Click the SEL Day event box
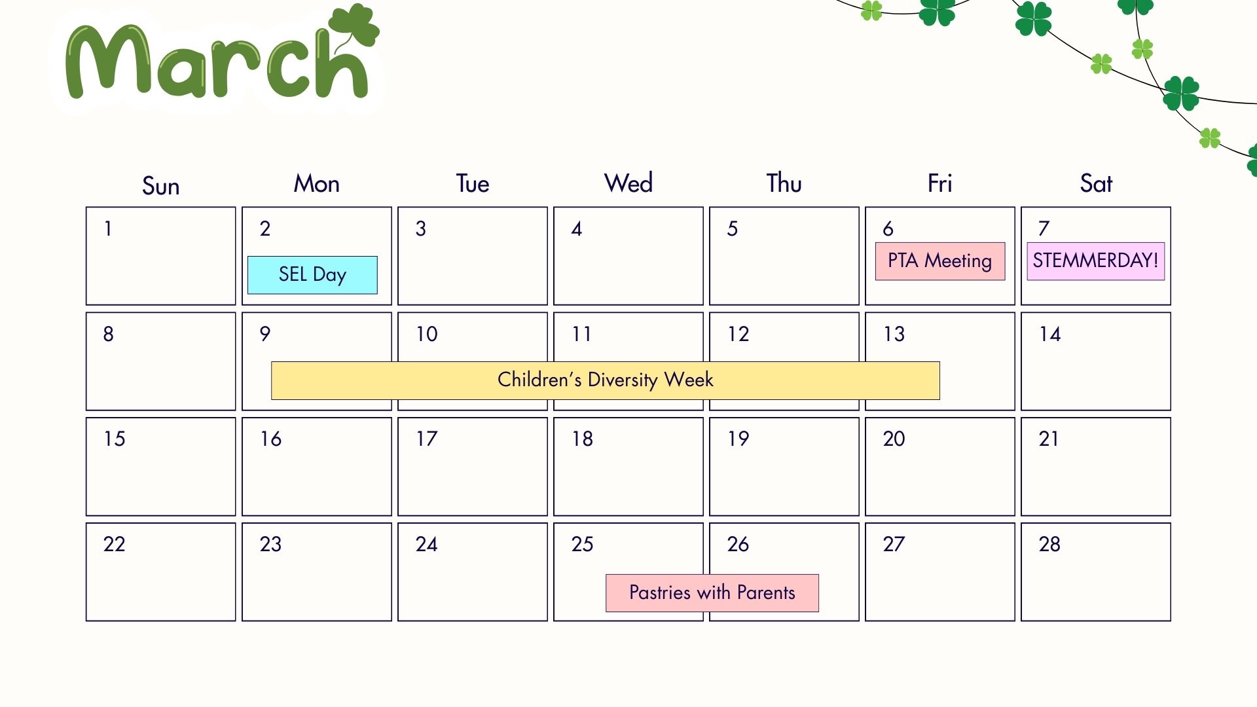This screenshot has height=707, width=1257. pos(312,274)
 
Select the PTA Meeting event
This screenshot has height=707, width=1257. pos(939,261)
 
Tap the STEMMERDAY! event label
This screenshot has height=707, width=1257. pos(1095,261)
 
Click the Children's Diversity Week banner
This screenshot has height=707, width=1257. pos(605,380)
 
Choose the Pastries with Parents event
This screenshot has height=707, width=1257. pos(712,593)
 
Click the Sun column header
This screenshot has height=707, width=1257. pos(160,186)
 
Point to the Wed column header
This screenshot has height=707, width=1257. pos(628,183)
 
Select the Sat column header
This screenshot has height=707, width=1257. pos(1095,183)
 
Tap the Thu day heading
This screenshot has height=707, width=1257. pos(784,183)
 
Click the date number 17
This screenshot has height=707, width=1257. pos(426,439)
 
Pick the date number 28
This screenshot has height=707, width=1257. pos(1049,544)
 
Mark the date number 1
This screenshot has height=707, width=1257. pos(108,228)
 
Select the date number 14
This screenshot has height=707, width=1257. pos(1049,334)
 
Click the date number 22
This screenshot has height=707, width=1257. pos(114,544)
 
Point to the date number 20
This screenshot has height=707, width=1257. pos(894,439)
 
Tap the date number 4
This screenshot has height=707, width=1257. pos(576,228)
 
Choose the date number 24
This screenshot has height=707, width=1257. pos(426,544)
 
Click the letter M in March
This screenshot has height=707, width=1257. pos(108,62)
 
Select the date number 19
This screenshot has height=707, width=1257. pos(738,439)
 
